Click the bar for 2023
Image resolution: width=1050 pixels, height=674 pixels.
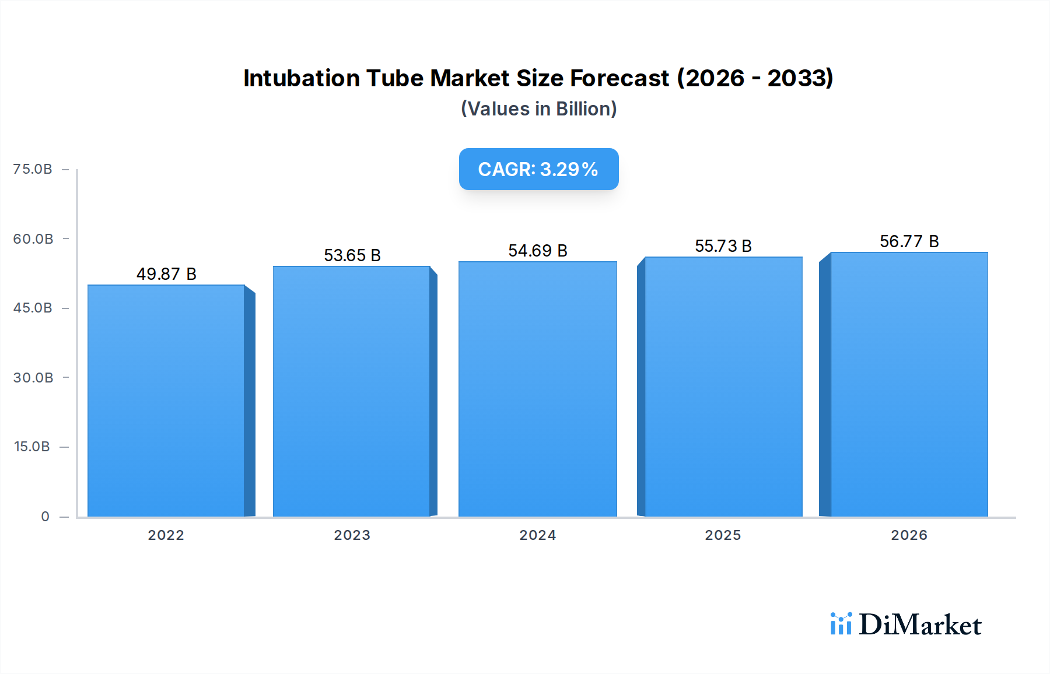tap(352, 391)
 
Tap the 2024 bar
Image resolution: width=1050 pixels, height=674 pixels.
tap(537, 389)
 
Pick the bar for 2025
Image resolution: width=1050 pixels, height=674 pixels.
tap(723, 387)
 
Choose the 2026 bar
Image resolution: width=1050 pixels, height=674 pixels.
tap(909, 384)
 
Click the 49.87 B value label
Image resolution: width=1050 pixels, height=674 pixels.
tap(166, 274)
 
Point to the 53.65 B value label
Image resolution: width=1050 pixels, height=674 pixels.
tap(352, 255)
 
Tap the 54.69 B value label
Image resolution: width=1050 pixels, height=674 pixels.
tap(538, 251)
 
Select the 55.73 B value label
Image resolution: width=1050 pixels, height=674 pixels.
tap(723, 246)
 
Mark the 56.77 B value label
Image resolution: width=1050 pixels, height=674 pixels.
tap(909, 241)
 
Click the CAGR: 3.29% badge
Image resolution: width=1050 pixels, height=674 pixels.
tap(538, 169)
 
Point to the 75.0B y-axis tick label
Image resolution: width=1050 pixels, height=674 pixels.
tap(33, 169)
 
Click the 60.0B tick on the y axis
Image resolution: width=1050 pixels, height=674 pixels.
tap(33, 238)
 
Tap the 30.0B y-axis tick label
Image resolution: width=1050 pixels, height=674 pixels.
tap(33, 377)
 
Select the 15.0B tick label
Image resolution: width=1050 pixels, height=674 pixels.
tap(32, 447)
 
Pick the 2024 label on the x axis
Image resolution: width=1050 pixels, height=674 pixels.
tap(538, 535)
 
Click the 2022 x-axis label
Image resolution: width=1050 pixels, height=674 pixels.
tap(166, 535)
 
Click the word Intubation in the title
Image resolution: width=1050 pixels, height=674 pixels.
tap(301, 78)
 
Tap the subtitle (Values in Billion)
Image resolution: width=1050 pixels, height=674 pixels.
tap(538, 109)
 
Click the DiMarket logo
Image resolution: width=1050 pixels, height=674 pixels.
tap(906, 624)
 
